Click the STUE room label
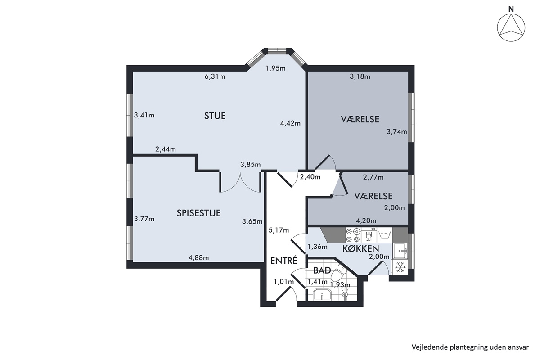[x=215, y=116]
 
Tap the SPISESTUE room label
[x=198, y=213]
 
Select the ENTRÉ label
[x=284, y=261]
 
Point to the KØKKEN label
[x=360, y=248]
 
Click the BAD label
[x=322, y=270]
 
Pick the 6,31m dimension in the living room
[x=215, y=76]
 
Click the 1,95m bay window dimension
[x=275, y=68]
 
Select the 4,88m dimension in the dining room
[x=198, y=258]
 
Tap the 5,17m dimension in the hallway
[x=279, y=230]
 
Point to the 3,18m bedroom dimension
[x=360, y=76]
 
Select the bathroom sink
[x=322, y=294]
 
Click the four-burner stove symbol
[x=353, y=235]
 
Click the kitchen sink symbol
[x=400, y=251]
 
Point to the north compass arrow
[x=511, y=31]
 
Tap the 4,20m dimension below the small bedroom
[x=366, y=220]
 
